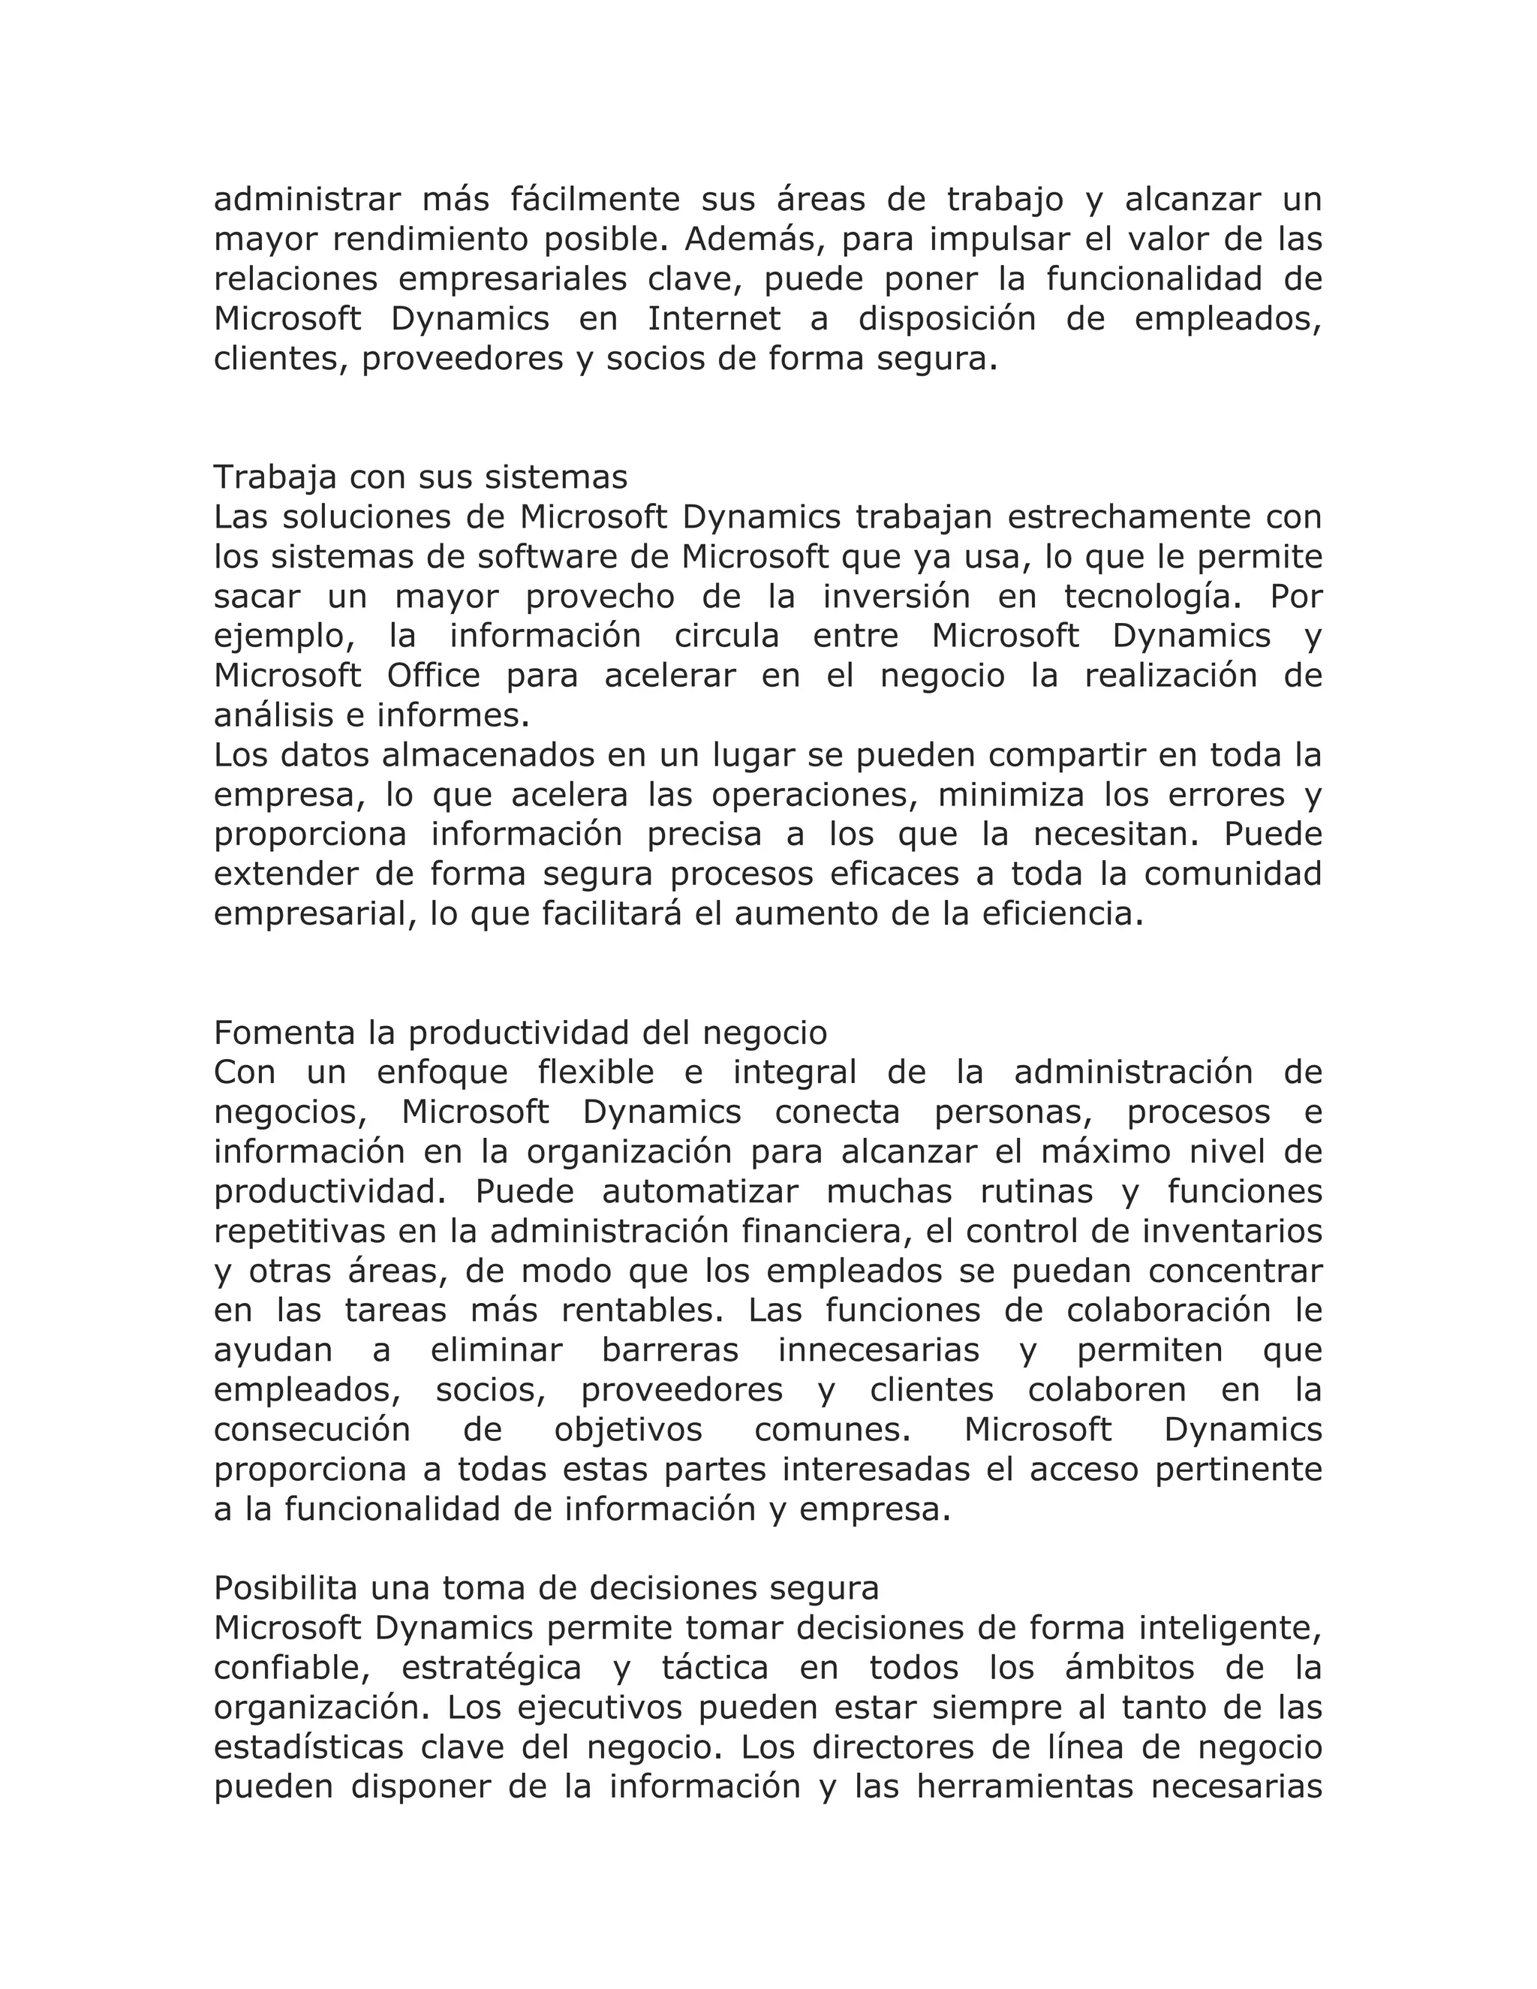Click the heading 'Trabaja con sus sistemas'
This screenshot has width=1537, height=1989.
point(421,477)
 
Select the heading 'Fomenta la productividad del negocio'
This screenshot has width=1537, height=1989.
point(520,1033)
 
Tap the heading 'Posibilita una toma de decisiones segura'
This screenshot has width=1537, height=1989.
point(546,1587)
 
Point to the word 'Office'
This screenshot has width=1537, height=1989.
point(434,675)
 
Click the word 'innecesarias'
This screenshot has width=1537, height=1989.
point(879,1350)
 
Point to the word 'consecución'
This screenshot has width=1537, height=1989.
point(312,1430)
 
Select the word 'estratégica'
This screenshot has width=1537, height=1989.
point(492,1668)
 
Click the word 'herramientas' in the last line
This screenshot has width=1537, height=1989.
point(1024,1787)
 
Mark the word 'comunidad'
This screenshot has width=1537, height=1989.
point(1233,874)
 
